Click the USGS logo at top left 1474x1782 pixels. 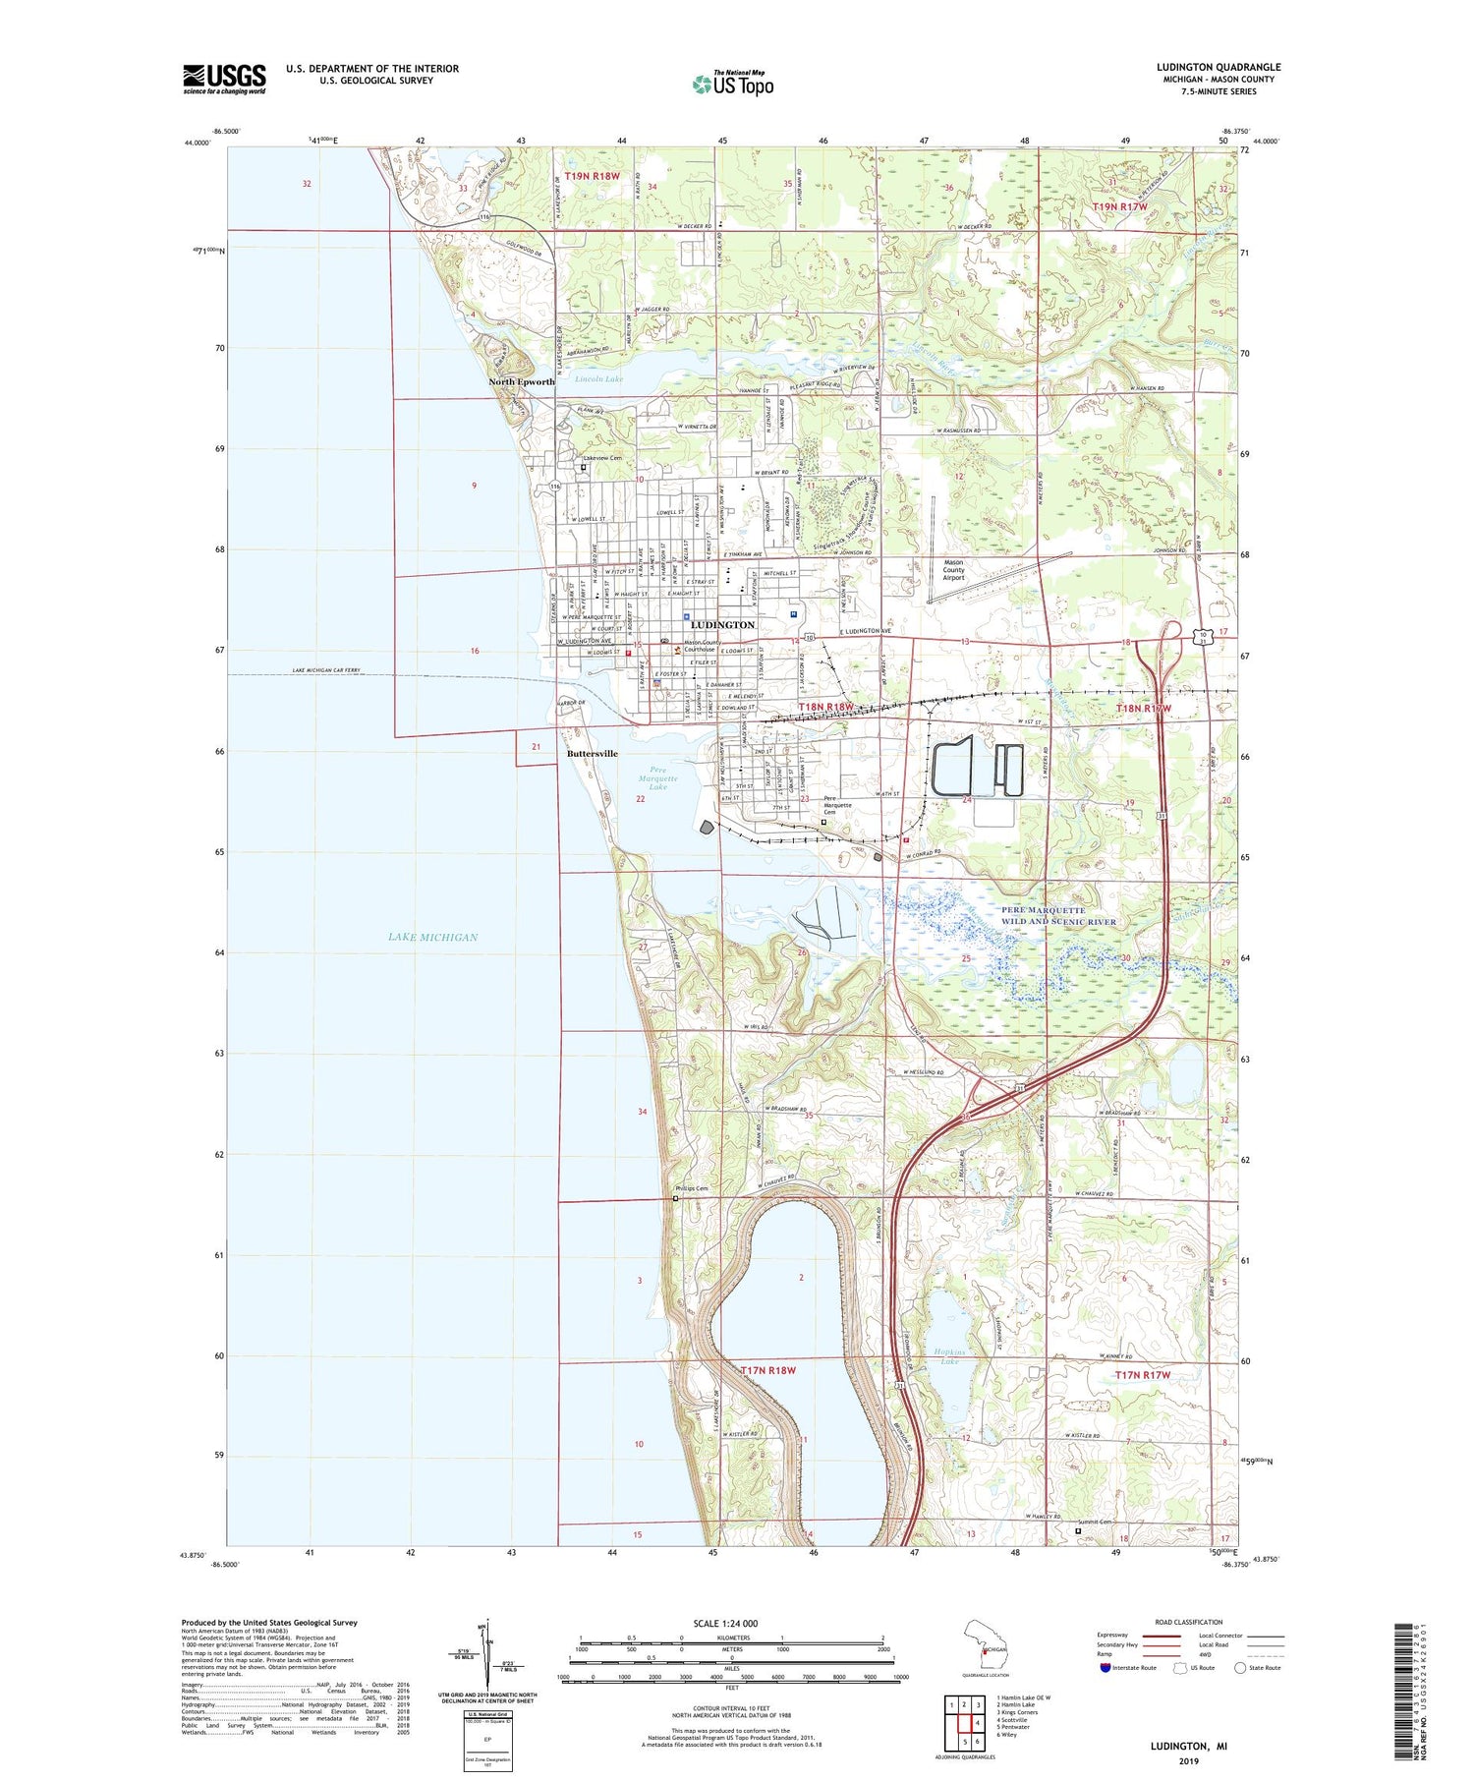tap(224, 79)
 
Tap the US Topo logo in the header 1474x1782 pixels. tap(732, 84)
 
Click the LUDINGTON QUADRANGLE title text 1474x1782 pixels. tap(1219, 67)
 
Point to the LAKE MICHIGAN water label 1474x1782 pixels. tap(432, 937)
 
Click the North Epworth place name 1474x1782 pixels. tap(522, 382)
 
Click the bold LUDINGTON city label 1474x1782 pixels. tap(722, 625)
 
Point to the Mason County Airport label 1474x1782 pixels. tap(947, 570)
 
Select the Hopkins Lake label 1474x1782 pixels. tap(948, 1355)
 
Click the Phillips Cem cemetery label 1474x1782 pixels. tap(691, 1188)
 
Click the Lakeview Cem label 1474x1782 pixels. tap(602, 458)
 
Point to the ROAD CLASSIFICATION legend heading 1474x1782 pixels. tap(1189, 1622)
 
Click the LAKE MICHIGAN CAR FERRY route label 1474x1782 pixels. tap(326, 670)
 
